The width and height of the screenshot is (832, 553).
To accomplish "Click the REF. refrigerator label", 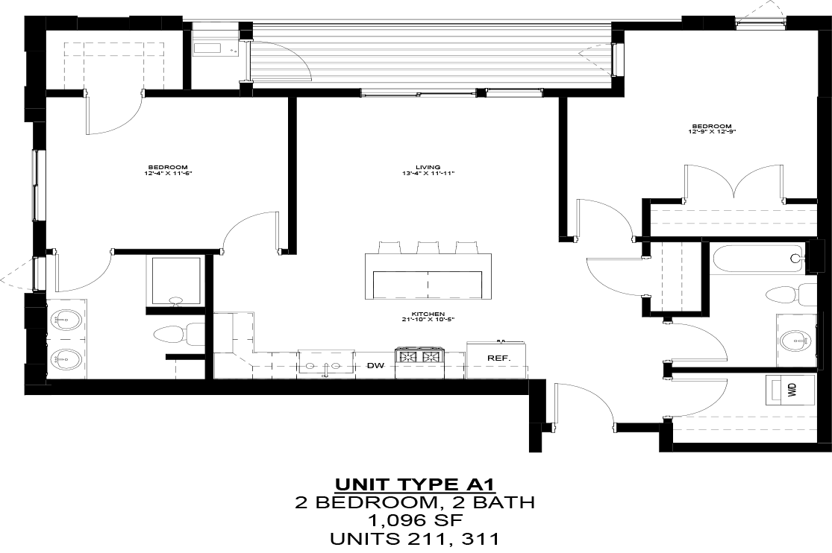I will [x=498, y=358].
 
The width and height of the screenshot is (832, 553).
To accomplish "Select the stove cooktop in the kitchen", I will [x=419, y=357].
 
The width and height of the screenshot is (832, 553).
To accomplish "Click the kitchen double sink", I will [x=326, y=364].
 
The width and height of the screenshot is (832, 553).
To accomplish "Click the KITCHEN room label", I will [x=428, y=317].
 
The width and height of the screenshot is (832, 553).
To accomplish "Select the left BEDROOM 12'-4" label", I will [x=168, y=170].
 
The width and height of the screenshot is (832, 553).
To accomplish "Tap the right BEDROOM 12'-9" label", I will [x=711, y=129].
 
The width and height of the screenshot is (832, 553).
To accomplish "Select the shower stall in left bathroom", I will [x=176, y=281].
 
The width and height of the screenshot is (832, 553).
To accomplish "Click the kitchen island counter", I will [x=428, y=276].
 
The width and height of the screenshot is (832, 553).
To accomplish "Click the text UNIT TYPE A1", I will [x=415, y=484].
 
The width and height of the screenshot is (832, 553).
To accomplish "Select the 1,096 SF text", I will [x=415, y=519].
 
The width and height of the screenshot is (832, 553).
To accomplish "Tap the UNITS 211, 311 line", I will [x=415, y=537].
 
